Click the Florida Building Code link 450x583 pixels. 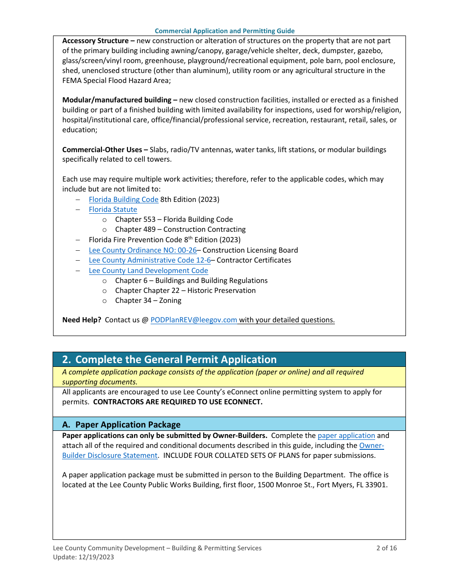(x=124, y=200)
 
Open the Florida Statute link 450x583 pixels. (x=113, y=210)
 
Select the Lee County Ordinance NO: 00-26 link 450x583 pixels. (x=143, y=250)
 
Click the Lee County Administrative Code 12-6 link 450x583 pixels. (x=150, y=260)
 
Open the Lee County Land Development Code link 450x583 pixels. (x=148, y=271)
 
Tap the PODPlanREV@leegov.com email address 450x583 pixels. (x=194, y=320)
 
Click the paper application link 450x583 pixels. (x=346, y=436)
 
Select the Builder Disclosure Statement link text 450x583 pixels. (x=109, y=455)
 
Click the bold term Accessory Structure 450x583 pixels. (x=95, y=41)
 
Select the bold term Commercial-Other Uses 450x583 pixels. (x=102, y=150)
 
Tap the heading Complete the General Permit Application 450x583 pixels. (x=176, y=360)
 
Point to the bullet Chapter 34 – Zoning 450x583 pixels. (x=148, y=301)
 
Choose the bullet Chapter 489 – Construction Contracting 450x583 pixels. (x=180, y=229)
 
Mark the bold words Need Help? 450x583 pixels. (x=81, y=320)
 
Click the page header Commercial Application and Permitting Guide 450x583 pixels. (x=225, y=31)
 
